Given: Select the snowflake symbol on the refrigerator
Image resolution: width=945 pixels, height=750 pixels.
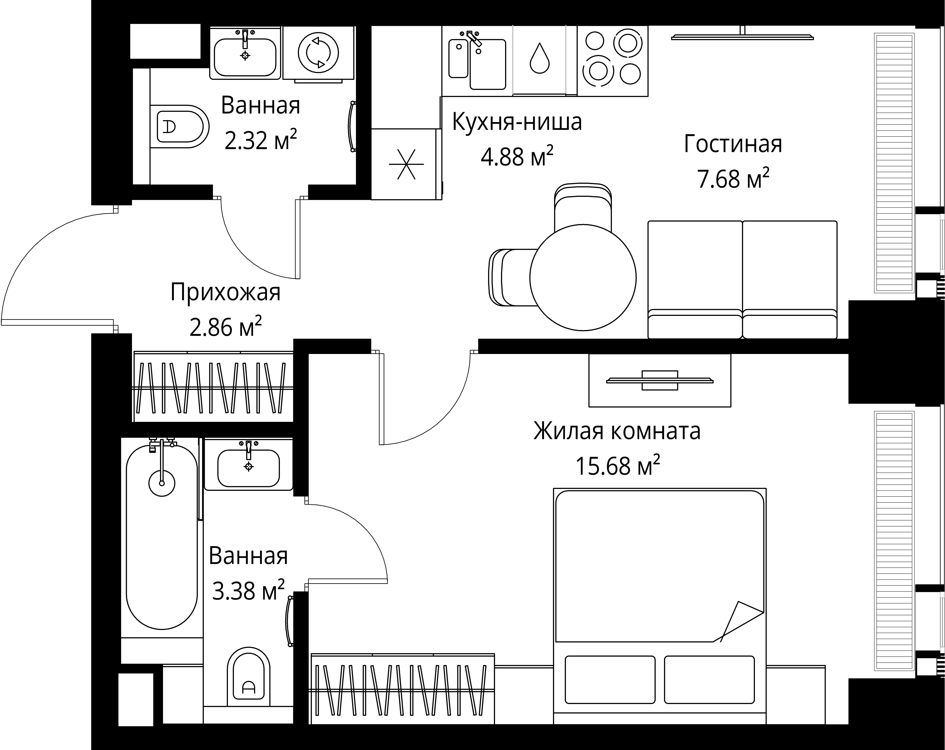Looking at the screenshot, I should pos(406,164).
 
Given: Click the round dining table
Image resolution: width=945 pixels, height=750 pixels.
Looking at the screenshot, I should pos(583,277).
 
